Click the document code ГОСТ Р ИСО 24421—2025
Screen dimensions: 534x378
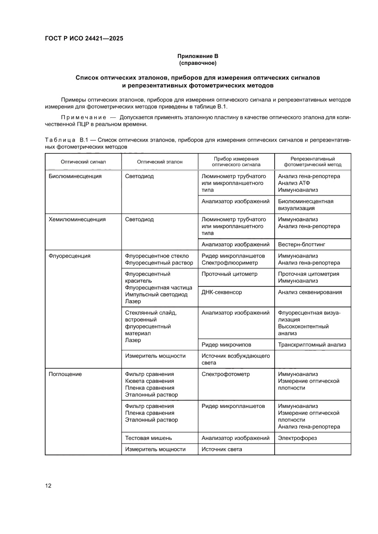[84, 38]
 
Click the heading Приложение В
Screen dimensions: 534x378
[198, 56]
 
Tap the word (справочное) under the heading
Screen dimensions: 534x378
[198, 63]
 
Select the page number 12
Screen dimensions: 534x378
[48, 486]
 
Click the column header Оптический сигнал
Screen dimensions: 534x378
[83, 162]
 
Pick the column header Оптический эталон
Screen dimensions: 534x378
[160, 162]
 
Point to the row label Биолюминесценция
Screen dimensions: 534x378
[75, 176]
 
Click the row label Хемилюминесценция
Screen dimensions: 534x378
[77, 219]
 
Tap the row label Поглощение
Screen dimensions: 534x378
[65, 374]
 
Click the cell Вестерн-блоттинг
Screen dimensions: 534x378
[302, 244]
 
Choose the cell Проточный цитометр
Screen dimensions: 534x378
[229, 274]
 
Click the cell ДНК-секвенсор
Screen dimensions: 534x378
[222, 292]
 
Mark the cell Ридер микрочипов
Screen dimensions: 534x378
[226, 344]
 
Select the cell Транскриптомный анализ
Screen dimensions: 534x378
[312, 344]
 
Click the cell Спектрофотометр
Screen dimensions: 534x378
[226, 374]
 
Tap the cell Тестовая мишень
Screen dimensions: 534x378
[149, 438]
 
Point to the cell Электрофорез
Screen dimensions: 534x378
[297, 438]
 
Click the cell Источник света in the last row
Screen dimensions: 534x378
[222, 449]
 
